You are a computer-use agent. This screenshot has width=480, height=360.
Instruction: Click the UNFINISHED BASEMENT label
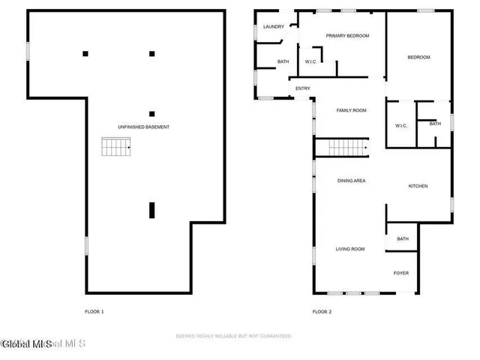click(143, 127)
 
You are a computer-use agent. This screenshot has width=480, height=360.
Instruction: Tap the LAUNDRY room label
click(273, 27)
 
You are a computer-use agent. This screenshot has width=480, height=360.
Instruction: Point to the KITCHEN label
click(418, 186)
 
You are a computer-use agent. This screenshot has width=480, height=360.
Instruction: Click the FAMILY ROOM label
click(351, 110)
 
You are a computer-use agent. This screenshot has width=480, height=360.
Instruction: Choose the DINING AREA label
click(351, 181)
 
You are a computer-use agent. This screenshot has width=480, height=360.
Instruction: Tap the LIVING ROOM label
click(349, 248)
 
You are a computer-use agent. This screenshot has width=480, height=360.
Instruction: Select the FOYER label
click(401, 273)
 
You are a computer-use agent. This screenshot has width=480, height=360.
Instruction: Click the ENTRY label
click(303, 88)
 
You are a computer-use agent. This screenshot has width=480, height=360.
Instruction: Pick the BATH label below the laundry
click(283, 61)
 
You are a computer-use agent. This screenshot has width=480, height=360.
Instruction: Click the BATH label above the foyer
click(403, 238)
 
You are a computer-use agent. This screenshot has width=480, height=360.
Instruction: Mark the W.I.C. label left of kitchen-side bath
click(400, 125)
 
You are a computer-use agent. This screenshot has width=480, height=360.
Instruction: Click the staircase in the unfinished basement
click(117, 148)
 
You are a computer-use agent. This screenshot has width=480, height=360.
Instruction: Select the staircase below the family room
click(341, 148)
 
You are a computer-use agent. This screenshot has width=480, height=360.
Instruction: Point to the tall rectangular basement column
click(152, 210)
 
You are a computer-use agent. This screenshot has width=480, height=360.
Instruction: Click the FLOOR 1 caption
click(94, 311)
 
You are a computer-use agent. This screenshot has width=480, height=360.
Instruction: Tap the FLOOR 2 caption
click(322, 311)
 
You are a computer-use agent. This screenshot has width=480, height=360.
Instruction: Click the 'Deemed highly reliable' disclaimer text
click(233, 336)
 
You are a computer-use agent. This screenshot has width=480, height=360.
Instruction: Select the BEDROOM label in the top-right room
click(418, 57)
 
